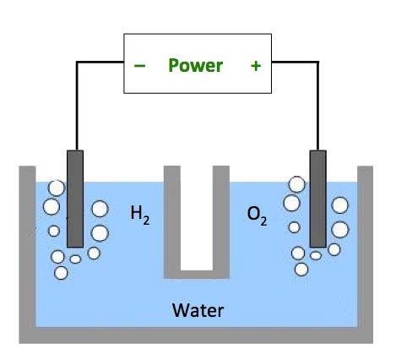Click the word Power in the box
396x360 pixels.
195,66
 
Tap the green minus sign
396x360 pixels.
139,66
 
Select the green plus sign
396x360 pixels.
256,66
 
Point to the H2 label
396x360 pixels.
140,215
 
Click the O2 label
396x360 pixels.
257,216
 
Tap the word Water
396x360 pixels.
198,310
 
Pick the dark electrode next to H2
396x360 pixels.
75,199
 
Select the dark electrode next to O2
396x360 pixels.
318,199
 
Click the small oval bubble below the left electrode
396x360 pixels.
75,259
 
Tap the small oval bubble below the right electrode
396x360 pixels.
316,255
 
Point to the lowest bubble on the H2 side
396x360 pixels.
61,273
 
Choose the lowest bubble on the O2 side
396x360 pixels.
301,270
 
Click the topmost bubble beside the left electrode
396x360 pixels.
57,188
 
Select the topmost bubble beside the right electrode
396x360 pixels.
296,184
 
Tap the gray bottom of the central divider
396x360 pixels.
197,275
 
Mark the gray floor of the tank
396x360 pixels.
196,335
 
